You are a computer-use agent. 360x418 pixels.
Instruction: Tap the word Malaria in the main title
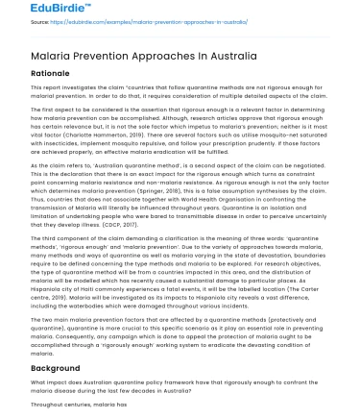37,54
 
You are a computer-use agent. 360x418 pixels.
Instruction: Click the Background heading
43,367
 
